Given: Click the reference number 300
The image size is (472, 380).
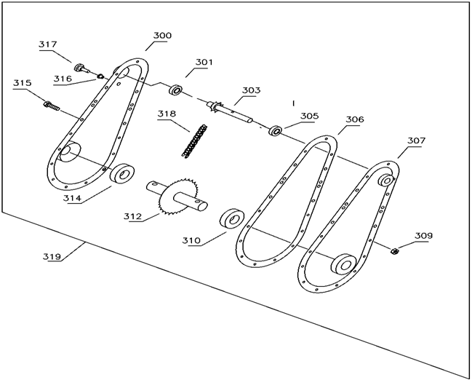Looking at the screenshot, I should click(x=162, y=36).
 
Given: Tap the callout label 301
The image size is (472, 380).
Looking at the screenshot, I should click(x=204, y=63).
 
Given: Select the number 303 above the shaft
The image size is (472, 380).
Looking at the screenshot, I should click(x=252, y=91).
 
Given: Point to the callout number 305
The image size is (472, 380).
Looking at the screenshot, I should click(x=310, y=116).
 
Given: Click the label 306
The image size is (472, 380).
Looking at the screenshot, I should click(x=355, y=119).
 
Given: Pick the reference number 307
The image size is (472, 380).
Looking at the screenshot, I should click(x=417, y=140).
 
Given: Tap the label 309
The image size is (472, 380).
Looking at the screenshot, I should click(x=424, y=236).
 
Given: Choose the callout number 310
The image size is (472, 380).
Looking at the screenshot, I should click(x=192, y=240).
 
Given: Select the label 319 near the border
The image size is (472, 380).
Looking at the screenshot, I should click(x=52, y=256).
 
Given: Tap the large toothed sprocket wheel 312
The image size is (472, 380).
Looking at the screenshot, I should click(x=180, y=195).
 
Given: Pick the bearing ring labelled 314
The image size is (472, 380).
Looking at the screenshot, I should click(x=121, y=175).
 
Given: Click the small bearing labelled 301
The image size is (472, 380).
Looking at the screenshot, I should click(x=176, y=91).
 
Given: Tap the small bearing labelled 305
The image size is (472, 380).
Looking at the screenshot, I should click(x=276, y=132).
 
